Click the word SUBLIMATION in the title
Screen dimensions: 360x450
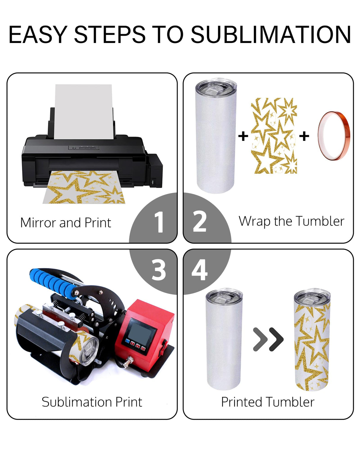271,34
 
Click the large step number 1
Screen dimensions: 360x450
160,222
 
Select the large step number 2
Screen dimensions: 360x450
200,222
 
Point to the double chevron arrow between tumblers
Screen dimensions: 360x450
268,339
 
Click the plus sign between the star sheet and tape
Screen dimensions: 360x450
304,136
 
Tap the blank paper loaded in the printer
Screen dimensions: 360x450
84,111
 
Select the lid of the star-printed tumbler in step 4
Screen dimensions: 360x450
312,296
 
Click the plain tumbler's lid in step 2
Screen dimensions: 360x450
216,87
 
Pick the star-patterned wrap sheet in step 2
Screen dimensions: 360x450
274,135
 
